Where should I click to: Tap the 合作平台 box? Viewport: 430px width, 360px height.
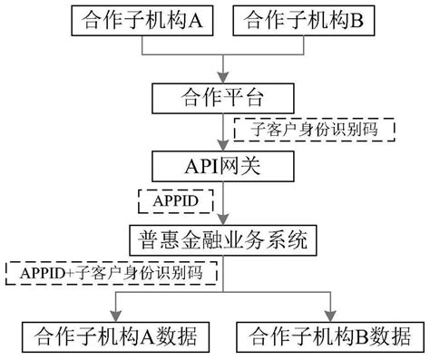tap(223, 95)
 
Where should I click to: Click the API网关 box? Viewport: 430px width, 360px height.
tap(223, 166)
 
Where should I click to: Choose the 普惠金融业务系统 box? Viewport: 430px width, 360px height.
tap(223, 240)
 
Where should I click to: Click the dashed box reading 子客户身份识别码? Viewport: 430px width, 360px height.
tap(316, 129)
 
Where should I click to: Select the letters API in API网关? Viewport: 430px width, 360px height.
tap(200, 166)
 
